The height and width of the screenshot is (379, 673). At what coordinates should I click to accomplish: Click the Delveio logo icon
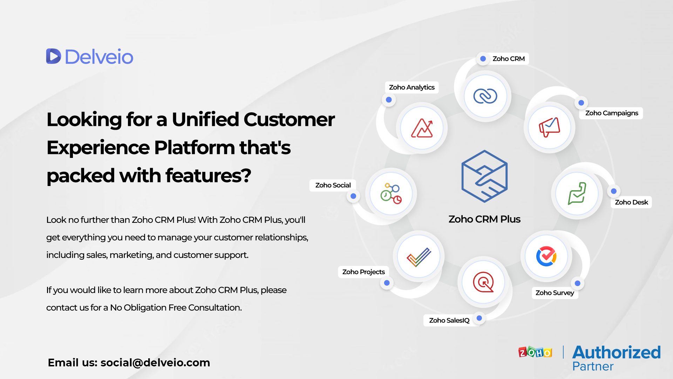54,56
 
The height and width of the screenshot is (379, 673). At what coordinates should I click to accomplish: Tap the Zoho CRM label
508,59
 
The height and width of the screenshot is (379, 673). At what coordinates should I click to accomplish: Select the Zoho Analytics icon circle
422,128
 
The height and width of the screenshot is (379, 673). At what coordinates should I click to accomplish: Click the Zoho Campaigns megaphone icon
549,127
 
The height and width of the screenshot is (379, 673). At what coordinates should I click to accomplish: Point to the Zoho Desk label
631,202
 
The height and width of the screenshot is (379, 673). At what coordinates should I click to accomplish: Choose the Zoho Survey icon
546,256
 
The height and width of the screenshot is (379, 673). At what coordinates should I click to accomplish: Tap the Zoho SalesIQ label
449,320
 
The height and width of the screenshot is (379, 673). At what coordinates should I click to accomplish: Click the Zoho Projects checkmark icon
419,257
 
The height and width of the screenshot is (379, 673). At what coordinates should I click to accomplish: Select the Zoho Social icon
391,194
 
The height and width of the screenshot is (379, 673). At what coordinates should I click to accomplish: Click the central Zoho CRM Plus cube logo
484,176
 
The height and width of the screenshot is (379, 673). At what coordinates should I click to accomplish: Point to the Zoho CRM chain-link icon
485,96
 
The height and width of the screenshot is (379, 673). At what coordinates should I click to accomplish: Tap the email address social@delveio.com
155,363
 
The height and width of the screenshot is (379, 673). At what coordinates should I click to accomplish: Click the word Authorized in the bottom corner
616,352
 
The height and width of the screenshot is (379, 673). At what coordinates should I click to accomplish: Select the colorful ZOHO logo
535,352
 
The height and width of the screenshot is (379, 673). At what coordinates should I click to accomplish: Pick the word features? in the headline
208,175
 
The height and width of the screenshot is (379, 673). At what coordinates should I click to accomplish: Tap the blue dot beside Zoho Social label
353,196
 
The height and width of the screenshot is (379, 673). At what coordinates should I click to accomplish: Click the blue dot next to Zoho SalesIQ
479,318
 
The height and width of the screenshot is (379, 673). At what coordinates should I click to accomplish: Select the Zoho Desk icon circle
577,193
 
